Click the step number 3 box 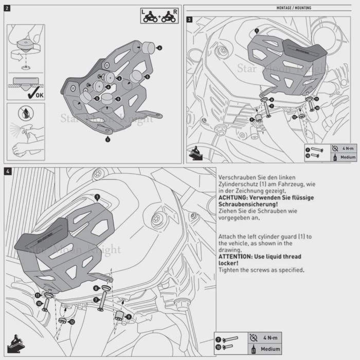point(190,20)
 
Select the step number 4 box point(8,170)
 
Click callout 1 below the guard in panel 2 point(107,139)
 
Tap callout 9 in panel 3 point(251,119)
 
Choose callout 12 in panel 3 point(294,117)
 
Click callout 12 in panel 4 point(72,321)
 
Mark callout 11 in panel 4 point(38,295)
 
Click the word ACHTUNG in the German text point(235,197)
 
